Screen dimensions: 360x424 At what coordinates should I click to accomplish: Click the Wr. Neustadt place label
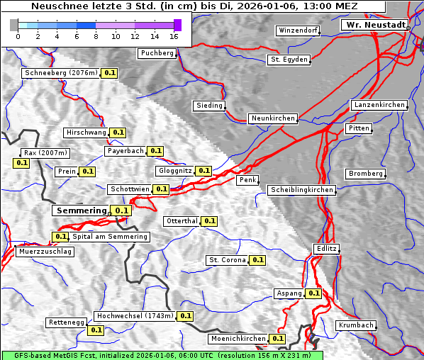click(x=375, y=25)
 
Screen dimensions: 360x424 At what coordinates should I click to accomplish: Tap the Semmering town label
click(x=81, y=210)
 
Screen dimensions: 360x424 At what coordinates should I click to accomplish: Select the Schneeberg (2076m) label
click(x=60, y=73)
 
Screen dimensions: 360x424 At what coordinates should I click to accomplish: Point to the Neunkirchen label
click(x=272, y=118)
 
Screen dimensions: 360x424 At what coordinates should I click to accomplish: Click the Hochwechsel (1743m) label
click(x=134, y=316)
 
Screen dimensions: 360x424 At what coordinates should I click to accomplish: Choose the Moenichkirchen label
click(x=238, y=339)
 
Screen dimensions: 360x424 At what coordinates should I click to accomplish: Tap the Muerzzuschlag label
click(x=44, y=252)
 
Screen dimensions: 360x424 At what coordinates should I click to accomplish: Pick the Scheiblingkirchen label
click(x=301, y=190)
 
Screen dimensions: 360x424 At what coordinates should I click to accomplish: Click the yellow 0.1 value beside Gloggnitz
click(x=203, y=171)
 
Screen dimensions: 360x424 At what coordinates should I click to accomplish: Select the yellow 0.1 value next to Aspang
click(x=314, y=293)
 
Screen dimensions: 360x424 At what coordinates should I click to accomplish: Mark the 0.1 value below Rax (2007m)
click(x=22, y=163)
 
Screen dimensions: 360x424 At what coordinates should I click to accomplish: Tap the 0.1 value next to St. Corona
click(x=257, y=260)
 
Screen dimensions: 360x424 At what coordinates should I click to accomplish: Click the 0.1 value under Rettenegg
click(x=96, y=330)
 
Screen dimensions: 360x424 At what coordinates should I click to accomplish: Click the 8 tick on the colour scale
click(x=96, y=36)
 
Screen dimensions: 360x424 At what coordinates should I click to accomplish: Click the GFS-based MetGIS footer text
click(x=162, y=355)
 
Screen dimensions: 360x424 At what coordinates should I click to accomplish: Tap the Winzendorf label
click(x=298, y=31)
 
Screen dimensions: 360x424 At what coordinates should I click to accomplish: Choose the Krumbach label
click(x=355, y=325)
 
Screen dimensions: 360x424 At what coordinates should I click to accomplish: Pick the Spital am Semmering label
click(x=110, y=237)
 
